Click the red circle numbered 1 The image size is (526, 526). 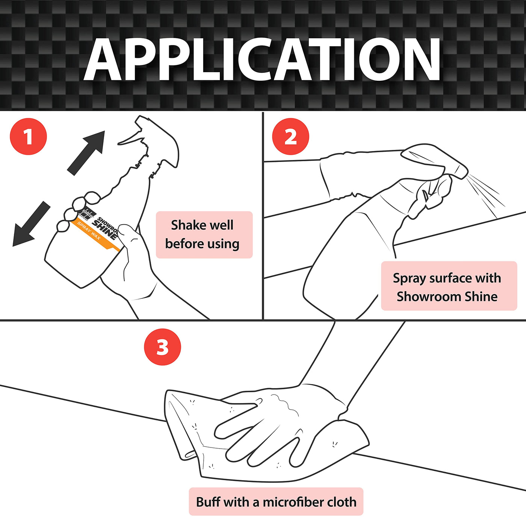(29, 136)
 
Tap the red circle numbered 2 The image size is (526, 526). (290, 136)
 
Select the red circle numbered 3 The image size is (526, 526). (162, 347)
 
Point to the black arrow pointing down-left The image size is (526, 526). (32, 224)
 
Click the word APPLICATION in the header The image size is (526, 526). (262, 59)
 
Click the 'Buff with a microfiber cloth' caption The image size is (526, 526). (276, 502)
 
